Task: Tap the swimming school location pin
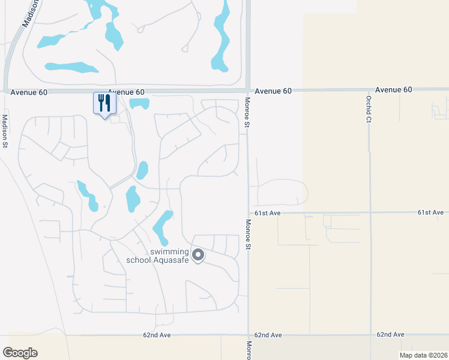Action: (x=198, y=256)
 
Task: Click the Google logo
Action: (x=20, y=353)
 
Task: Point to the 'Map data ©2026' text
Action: (x=424, y=355)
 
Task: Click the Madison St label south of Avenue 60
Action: (x=4, y=131)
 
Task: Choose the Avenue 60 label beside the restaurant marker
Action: (x=127, y=92)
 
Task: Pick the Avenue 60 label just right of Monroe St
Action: (x=273, y=91)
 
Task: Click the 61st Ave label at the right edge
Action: (x=430, y=212)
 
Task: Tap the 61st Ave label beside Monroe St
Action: (x=267, y=213)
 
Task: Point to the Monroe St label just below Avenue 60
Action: (x=247, y=113)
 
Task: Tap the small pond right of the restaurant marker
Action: (x=140, y=103)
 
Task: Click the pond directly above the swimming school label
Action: (x=162, y=226)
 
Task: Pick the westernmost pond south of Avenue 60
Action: (x=87, y=196)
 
